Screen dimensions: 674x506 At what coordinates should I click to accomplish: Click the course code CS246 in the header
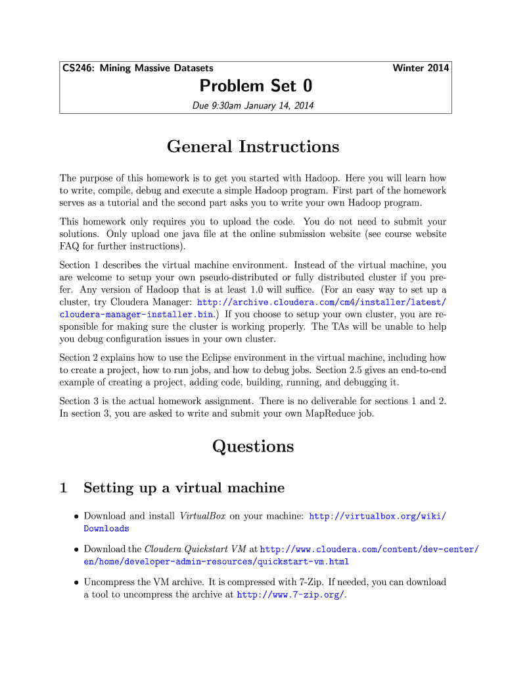click(x=76, y=68)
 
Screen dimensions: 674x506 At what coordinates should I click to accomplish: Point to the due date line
click(x=253, y=105)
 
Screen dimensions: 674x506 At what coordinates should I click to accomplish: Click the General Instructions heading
click(x=253, y=146)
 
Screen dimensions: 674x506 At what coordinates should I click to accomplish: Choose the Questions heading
click(x=253, y=446)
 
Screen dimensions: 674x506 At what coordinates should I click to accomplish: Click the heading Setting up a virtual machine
click(x=184, y=488)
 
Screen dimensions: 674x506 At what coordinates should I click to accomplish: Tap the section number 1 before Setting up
click(x=63, y=488)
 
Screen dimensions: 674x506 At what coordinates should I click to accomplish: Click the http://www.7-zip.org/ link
click(x=290, y=595)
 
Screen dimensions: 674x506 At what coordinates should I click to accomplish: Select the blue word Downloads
click(x=106, y=529)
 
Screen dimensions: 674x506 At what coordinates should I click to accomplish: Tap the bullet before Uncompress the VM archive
click(x=77, y=583)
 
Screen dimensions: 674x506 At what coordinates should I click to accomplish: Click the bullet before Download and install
click(x=77, y=517)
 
